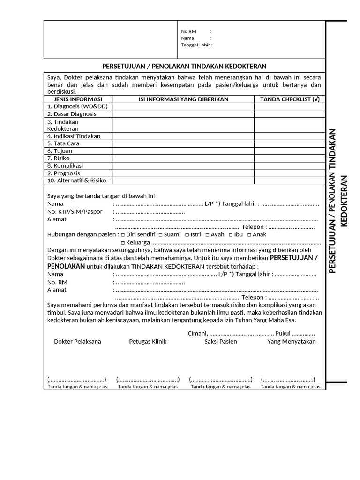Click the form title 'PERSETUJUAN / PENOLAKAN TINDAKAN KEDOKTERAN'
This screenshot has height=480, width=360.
coord(184,66)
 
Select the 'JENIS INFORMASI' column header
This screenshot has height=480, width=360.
coord(78,99)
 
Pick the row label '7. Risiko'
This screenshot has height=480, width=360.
coord(59,158)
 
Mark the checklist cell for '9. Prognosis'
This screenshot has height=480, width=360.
coord(290,173)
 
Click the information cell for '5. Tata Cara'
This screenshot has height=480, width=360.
coord(183,143)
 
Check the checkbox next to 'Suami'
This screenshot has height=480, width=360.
coord(160,235)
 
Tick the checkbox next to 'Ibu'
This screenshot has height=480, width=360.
coord(230,235)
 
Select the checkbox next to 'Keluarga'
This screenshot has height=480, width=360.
coord(123,243)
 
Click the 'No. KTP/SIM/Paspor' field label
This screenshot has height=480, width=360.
coord(75,211)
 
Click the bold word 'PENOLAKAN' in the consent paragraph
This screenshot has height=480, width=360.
coord(66,266)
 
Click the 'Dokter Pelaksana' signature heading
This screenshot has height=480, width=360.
coord(77,341)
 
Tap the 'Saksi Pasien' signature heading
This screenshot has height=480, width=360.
coord(221,341)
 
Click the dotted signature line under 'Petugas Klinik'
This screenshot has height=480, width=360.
coord(148,379)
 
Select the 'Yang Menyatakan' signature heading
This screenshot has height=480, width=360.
coord(292,341)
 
